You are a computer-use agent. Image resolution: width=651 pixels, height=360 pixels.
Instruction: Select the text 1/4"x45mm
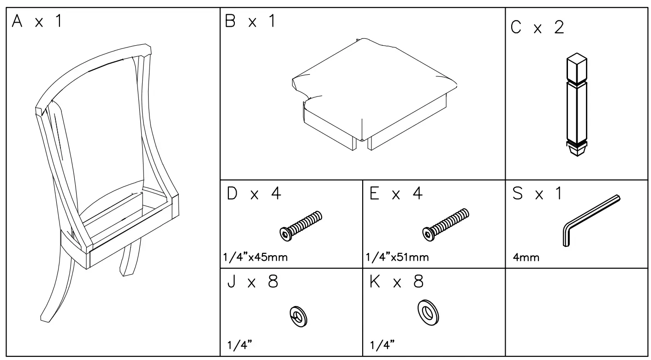pos(255,258)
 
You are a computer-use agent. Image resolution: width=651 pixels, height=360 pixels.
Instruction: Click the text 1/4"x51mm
pos(398,258)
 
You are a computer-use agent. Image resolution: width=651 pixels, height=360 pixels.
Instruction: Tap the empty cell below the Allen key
pos(577,314)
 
